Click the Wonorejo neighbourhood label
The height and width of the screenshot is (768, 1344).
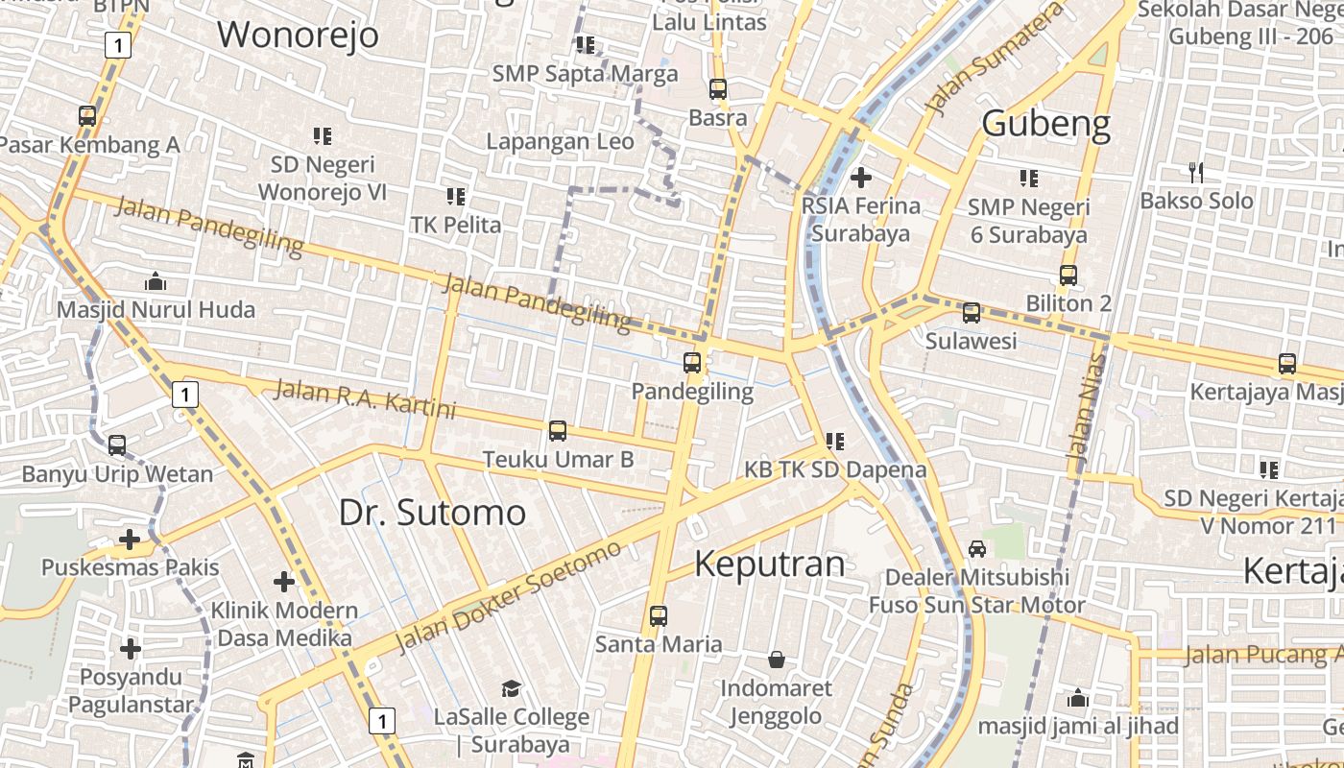[x=298, y=35]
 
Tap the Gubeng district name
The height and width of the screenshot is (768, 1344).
[x=1046, y=124]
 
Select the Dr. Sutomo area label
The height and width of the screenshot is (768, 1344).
[x=432, y=512]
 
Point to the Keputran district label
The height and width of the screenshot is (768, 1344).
[x=769, y=564]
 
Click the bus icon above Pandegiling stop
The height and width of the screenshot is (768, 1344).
[x=692, y=363]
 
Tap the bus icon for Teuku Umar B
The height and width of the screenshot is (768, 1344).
[x=558, y=431]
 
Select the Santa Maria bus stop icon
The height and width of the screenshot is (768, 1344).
[x=659, y=616]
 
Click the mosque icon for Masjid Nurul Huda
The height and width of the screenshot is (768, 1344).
[x=156, y=282]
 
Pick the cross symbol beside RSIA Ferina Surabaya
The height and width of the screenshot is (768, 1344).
[x=861, y=177]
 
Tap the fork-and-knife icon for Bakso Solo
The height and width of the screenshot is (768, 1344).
[x=1196, y=173]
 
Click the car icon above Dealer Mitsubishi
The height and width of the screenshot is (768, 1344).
[x=977, y=549]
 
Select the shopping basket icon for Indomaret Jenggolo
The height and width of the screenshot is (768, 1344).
[x=777, y=660]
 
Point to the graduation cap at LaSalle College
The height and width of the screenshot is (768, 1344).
[x=511, y=688]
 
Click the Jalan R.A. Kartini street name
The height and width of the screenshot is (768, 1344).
[x=365, y=399]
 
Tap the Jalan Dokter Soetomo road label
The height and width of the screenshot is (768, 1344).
[x=509, y=596]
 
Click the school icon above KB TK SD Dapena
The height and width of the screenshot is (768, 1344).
[x=835, y=442]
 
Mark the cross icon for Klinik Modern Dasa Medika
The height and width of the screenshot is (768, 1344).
[x=284, y=582]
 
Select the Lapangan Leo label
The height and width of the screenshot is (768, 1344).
[x=560, y=141]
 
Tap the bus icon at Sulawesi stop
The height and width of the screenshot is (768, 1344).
[x=972, y=312]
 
